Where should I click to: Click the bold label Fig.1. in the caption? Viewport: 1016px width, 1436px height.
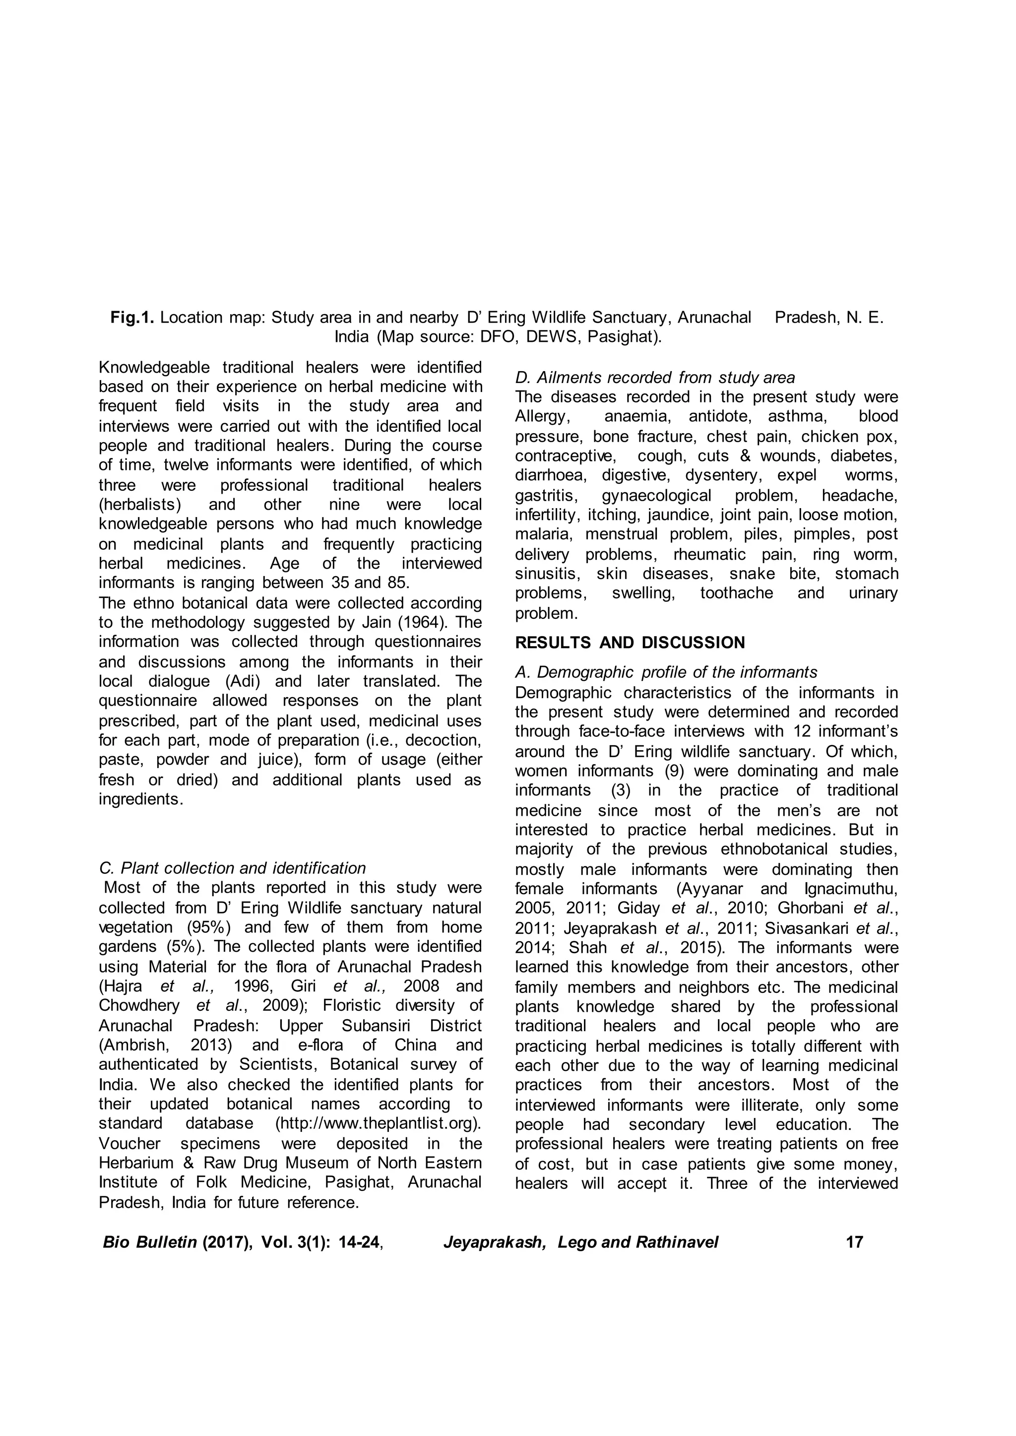coord(132,318)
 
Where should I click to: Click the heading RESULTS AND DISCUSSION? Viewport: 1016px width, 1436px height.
coord(630,643)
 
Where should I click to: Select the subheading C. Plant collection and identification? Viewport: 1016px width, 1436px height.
coord(232,868)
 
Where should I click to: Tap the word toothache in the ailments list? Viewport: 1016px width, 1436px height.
coord(736,593)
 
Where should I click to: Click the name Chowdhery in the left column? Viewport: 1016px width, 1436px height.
coord(139,1005)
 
